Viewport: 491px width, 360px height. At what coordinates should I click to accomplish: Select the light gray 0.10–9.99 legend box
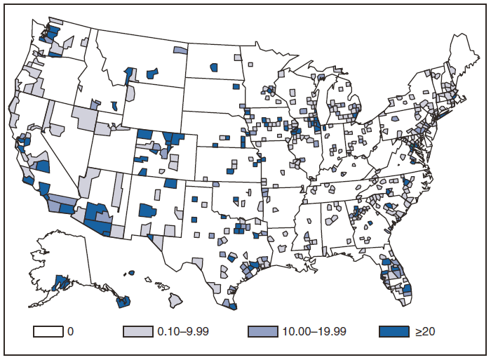click(x=139, y=330)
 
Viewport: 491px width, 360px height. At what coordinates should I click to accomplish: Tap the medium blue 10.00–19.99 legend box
click(x=264, y=330)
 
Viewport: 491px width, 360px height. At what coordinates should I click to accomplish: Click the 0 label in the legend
click(x=71, y=330)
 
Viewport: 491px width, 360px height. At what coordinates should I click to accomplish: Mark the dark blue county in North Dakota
click(x=213, y=67)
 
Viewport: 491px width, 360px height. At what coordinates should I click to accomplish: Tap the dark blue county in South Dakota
click(x=236, y=86)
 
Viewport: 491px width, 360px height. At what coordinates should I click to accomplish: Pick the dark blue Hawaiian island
click(x=131, y=273)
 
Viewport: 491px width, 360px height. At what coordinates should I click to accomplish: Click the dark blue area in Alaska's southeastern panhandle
click(x=123, y=302)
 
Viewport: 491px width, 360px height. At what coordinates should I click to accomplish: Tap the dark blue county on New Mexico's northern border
click(x=170, y=184)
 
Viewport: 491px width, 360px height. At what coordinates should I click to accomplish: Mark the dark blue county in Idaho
click(x=114, y=106)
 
